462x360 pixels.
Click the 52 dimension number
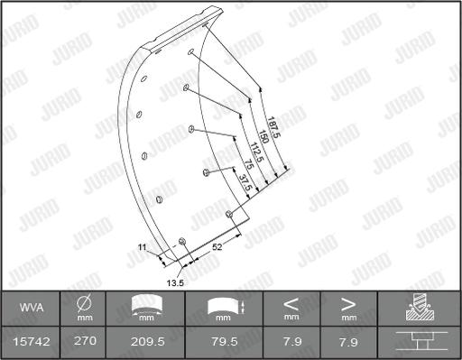point(218,245)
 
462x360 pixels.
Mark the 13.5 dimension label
point(177,282)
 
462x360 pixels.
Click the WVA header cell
point(31,308)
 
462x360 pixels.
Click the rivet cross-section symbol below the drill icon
point(419,342)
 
